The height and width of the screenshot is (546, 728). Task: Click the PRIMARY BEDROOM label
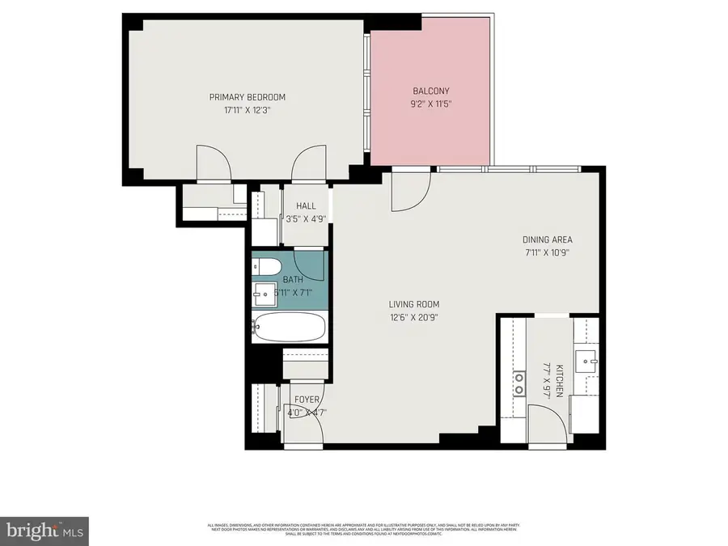pyautogui.click(x=247, y=97)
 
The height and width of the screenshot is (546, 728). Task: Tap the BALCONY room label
pyautogui.click(x=430, y=91)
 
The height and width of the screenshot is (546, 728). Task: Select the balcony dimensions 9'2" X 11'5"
pyautogui.click(x=430, y=104)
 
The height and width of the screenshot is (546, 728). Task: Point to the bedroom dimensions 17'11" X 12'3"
pyautogui.click(x=247, y=110)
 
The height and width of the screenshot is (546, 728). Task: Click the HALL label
pyautogui.click(x=306, y=205)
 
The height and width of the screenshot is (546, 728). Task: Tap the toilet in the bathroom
pyautogui.click(x=267, y=268)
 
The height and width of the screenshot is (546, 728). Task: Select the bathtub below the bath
pyautogui.click(x=289, y=328)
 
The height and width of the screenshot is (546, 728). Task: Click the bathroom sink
pyautogui.click(x=264, y=292)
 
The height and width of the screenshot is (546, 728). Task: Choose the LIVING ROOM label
pyautogui.click(x=413, y=304)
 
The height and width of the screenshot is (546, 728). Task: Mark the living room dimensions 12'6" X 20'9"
pyautogui.click(x=413, y=316)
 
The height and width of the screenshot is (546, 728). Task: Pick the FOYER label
pyautogui.click(x=307, y=400)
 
